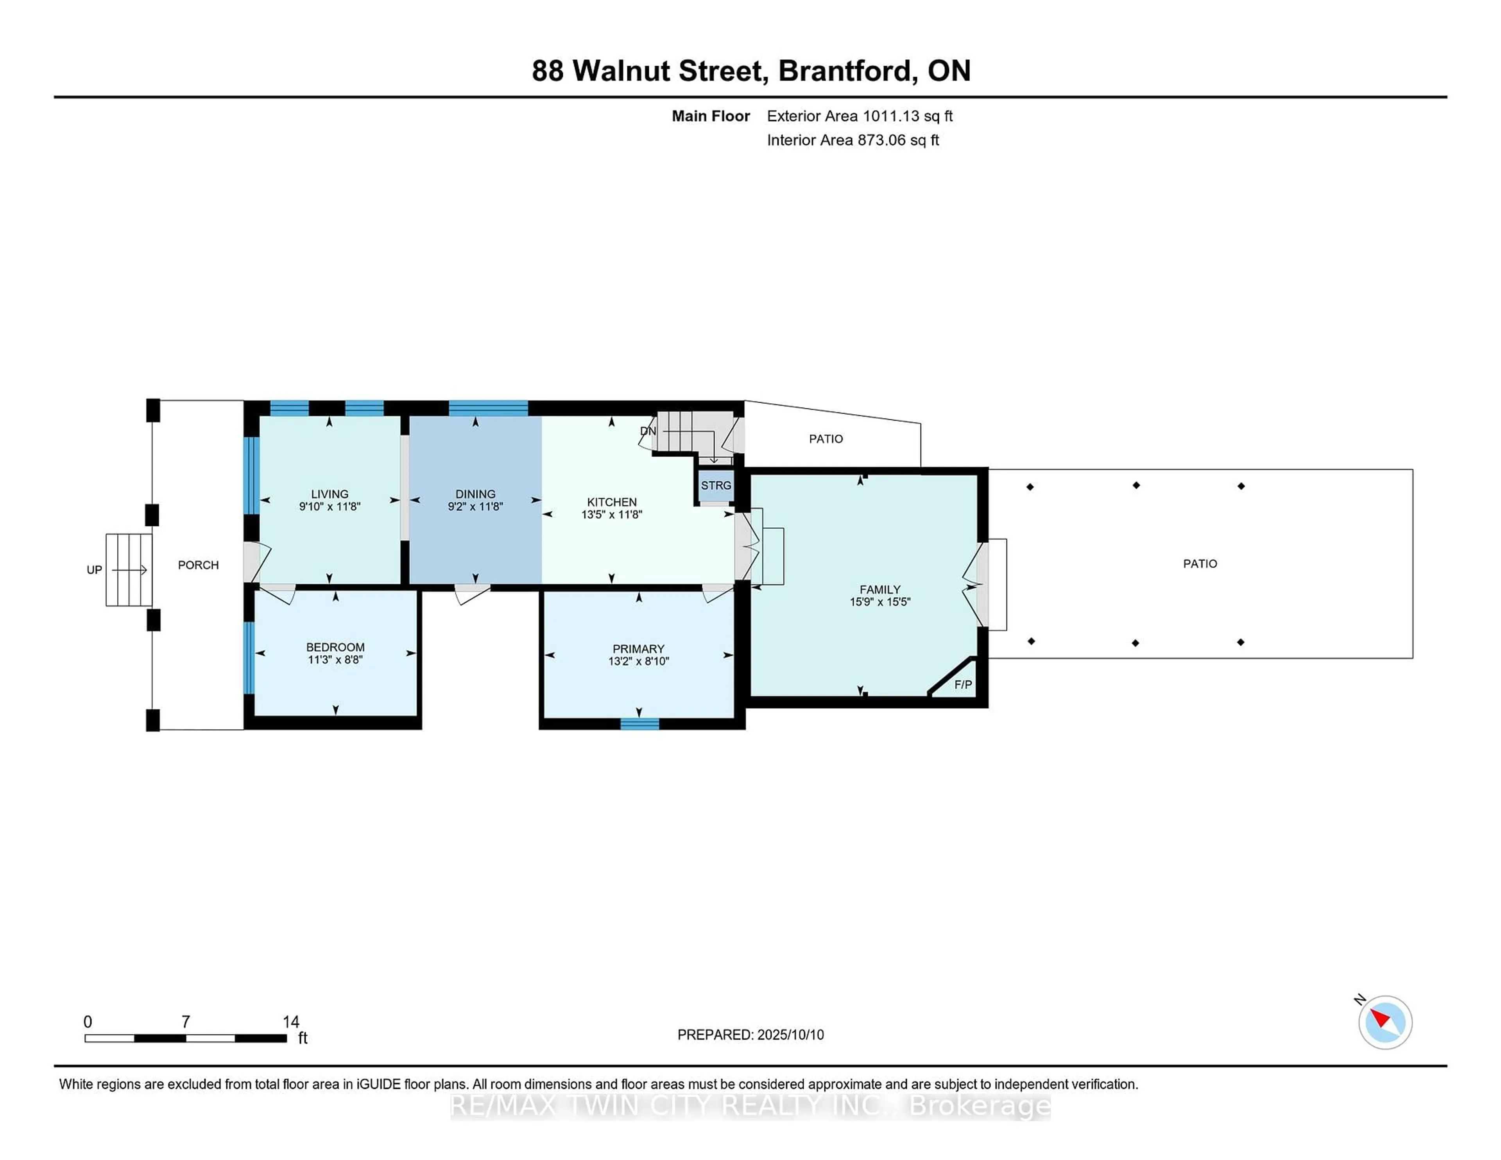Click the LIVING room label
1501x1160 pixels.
pyautogui.click(x=329, y=493)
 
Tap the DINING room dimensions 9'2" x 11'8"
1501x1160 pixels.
pyautogui.click(x=475, y=507)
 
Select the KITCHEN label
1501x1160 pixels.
pyautogui.click(x=611, y=502)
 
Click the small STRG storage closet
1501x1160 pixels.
pyautogui.click(x=715, y=485)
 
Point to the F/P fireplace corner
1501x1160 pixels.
pyautogui.click(x=962, y=684)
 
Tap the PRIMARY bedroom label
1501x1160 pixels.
pyautogui.click(x=638, y=649)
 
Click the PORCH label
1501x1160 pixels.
pyautogui.click(x=198, y=565)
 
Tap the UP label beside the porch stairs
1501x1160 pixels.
pyautogui.click(x=94, y=570)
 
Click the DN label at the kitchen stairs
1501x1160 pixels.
pyautogui.click(x=647, y=431)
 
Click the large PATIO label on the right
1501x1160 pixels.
pyautogui.click(x=1199, y=564)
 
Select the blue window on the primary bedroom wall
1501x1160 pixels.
pyautogui.click(x=639, y=723)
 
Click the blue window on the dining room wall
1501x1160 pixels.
pyautogui.click(x=488, y=408)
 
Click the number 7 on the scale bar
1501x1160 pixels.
pyautogui.click(x=186, y=1022)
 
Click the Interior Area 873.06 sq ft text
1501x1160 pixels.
pyautogui.click(x=852, y=140)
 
